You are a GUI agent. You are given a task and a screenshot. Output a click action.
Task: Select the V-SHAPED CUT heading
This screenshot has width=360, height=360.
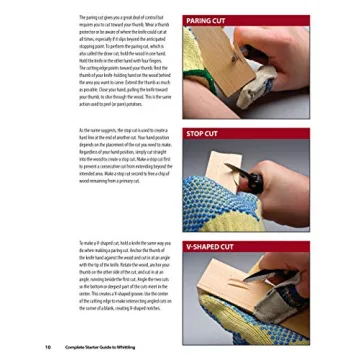209,245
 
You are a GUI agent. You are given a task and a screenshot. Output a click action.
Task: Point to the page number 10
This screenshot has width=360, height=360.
49,347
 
